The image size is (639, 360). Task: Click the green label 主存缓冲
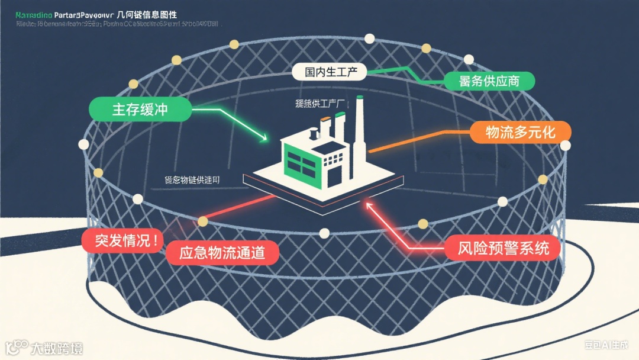click(140, 110)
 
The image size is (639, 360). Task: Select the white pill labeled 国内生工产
click(330, 72)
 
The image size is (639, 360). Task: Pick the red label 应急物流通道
click(221, 253)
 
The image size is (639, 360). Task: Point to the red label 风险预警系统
click(504, 247)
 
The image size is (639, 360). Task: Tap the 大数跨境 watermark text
click(57, 348)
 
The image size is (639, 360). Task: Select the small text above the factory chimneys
click(320, 103)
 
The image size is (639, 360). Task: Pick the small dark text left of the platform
click(193, 179)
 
